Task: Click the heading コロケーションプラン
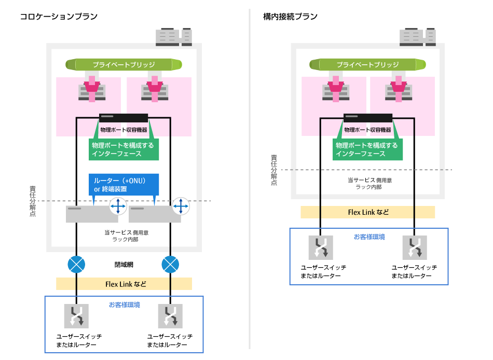pos(59,17)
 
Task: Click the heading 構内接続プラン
pos(290,17)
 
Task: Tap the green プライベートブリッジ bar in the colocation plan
pos(124,65)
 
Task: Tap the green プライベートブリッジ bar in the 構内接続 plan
pos(367,65)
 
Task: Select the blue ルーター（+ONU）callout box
pos(124,185)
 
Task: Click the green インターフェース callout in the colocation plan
pos(122,149)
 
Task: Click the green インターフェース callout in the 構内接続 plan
pos(366,149)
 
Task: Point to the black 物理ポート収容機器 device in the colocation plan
pos(124,118)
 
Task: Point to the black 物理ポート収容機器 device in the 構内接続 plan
pos(367,118)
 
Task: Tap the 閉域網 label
pos(124,264)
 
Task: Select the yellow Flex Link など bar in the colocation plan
pos(124,284)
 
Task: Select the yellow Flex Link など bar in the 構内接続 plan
pos(367,212)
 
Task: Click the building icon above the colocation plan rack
pos(174,37)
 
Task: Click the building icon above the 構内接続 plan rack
pos(417,37)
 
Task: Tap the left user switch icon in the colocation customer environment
pos(76,317)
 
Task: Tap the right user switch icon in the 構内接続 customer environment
pos(414,247)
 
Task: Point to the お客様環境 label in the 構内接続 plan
pos(369,237)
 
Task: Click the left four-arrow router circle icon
pos(118,206)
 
